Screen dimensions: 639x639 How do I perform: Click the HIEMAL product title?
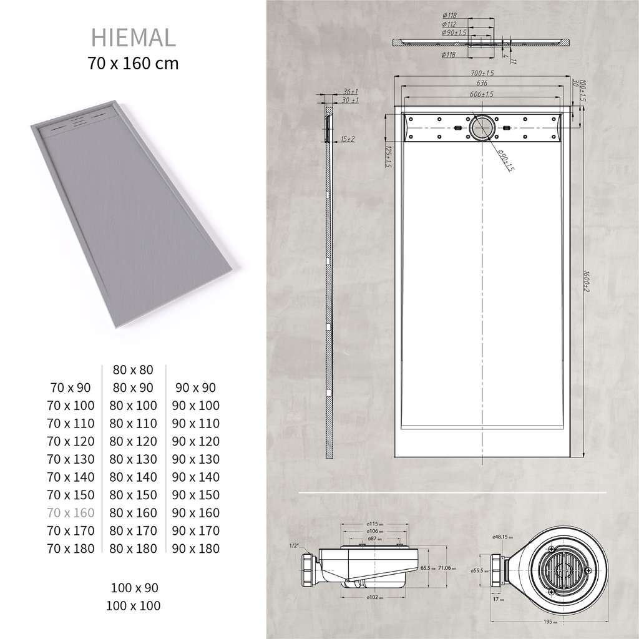click(134, 38)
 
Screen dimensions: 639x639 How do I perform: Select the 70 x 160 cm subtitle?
click(134, 64)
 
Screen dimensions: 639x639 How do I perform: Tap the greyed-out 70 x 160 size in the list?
click(71, 513)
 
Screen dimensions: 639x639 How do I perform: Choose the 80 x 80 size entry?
click(133, 370)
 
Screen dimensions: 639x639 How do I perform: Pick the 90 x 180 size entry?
click(196, 549)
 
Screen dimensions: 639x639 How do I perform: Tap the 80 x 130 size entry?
click(133, 459)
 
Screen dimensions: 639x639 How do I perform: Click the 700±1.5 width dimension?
click(482, 74)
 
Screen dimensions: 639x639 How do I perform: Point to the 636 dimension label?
click(482, 83)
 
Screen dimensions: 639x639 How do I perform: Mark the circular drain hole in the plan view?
click(482, 127)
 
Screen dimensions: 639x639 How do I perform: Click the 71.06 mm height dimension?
click(444, 568)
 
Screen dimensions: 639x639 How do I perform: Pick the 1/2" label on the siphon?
click(294, 545)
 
